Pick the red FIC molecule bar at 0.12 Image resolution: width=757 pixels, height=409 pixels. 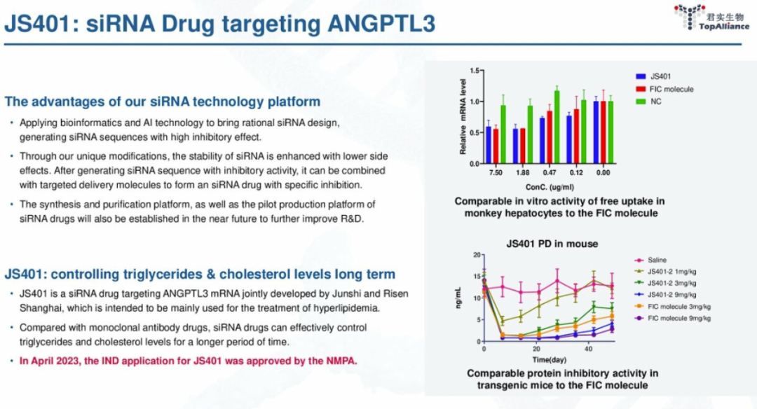(576, 137)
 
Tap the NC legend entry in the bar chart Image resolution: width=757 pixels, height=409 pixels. (655, 102)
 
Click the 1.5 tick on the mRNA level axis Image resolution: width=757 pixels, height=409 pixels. (473, 71)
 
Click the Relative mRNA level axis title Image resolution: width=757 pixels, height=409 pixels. (463, 117)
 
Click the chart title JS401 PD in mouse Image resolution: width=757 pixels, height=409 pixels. (552, 244)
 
